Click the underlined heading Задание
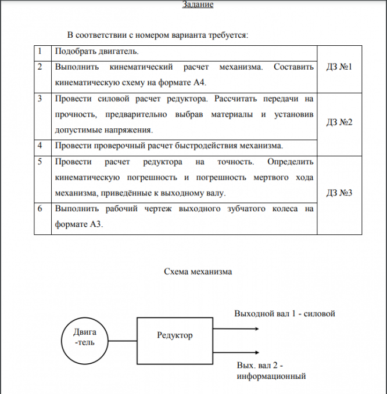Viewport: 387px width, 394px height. click(198, 5)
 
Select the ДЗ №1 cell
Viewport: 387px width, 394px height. click(340, 68)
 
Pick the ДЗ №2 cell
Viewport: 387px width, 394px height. click(340, 122)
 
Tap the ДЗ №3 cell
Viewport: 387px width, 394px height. click(340, 193)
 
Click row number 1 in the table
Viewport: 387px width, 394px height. click(40, 52)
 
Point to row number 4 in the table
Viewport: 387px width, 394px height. click(40, 144)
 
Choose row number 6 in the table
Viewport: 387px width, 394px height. click(40, 208)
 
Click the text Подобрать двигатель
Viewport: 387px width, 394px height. click(96, 52)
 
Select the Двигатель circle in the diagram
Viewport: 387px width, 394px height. click(85, 337)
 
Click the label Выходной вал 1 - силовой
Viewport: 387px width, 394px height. click(285, 314)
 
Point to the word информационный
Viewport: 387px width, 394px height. click(271, 377)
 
